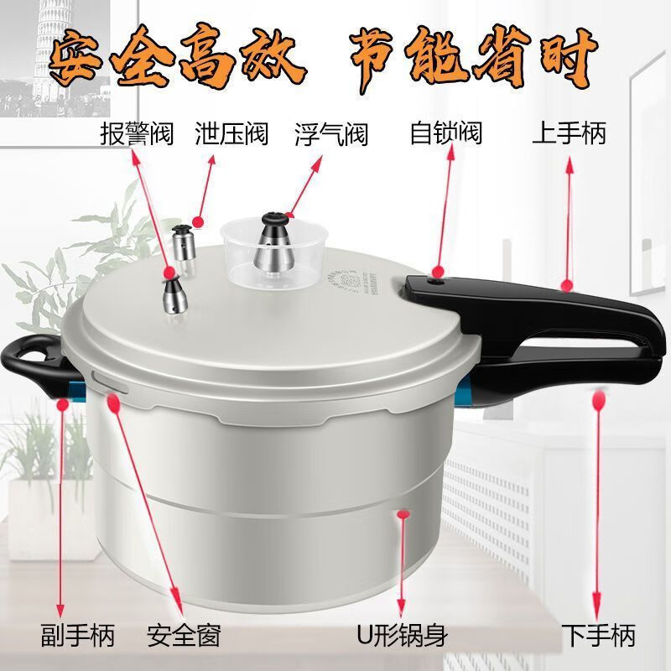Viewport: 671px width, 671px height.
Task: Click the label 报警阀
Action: pyautogui.click(x=137, y=133)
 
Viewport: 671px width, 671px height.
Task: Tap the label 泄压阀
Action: pyautogui.click(x=231, y=133)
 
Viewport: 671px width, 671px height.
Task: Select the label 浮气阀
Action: pyautogui.click(x=331, y=134)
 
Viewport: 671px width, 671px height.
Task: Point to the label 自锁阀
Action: pyautogui.click(x=446, y=133)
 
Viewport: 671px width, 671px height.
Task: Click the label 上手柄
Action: pyautogui.click(x=570, y=133)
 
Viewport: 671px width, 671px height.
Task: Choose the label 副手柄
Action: pyautogui.click(x=78, y=635)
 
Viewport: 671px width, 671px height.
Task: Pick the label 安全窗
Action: pyautogui.click(x=184, y=635)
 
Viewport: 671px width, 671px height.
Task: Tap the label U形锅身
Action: pyautogui.click(x=403, y=635)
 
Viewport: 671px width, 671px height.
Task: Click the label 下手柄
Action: pyautogui.click(x=598, y=635)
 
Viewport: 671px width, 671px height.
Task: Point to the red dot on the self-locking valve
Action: pyautogui.click(x=438, y=271)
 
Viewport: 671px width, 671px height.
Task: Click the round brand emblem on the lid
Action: pyautogui.click(x=342, y=281)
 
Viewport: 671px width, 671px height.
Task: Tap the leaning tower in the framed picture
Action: pyautogui.click(x=50, y=47)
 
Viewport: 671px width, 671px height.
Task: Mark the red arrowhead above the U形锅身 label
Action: pyautogui.click(x=401, y=606)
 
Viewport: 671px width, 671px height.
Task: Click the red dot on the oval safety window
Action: pyautogui.click(x=113, y=403)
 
